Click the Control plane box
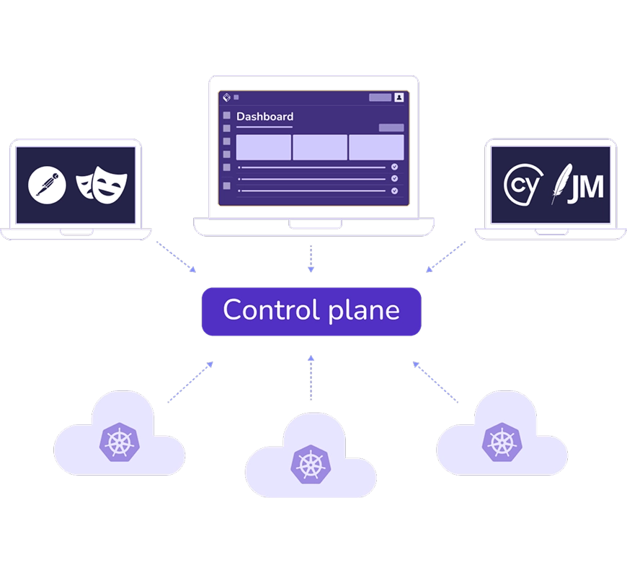coord(311,311)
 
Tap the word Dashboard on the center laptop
coord(264,116)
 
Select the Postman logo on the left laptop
coord(47,185)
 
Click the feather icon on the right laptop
coord(558,185)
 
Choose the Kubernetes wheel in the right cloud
coord(498,442)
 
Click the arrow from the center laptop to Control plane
coord(311,258)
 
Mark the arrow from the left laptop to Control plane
coord(175,256)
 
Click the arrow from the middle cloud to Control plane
coord(311,377)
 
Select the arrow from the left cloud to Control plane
coord(191,380)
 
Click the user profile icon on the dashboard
coord(399,97)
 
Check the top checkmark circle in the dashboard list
coord(394,167)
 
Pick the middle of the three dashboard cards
coord(320,147)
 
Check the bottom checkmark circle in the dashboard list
coord(394,191)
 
